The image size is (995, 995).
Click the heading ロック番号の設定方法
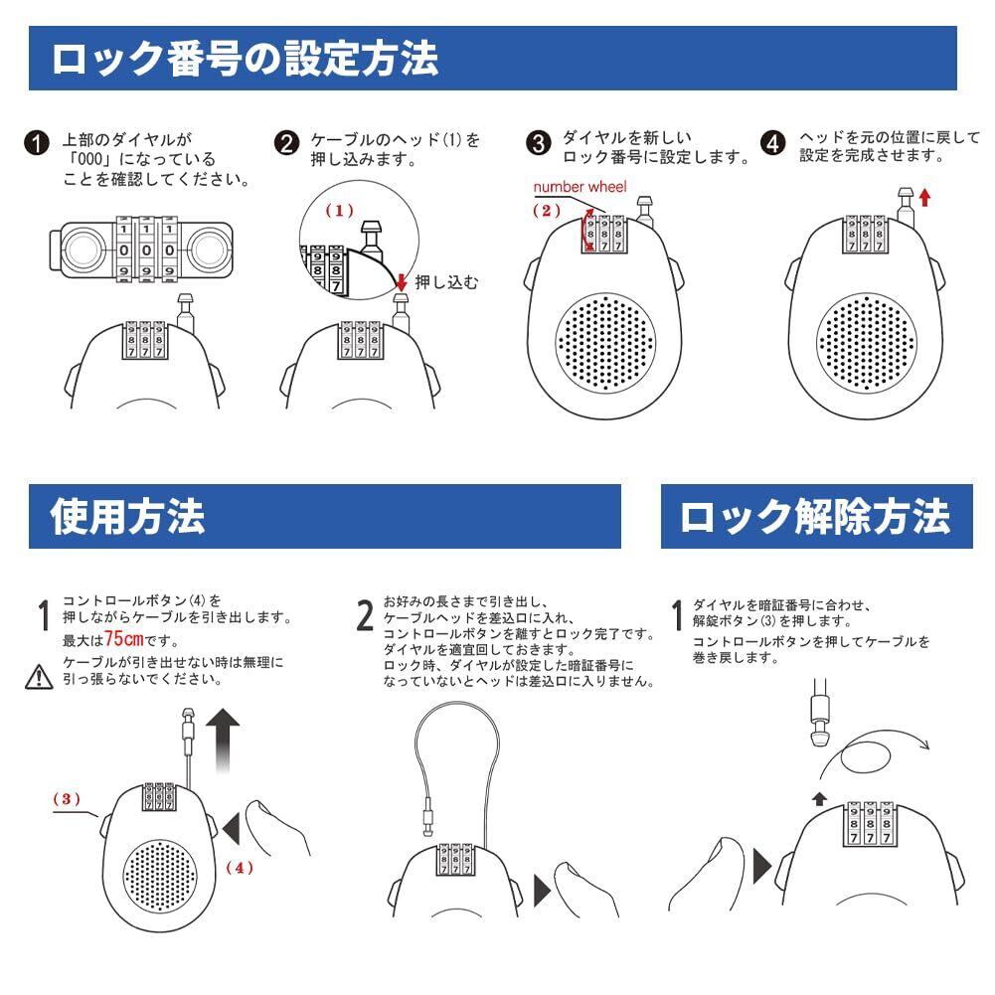[x=245, y=59]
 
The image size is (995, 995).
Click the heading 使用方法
[x=127, y=516]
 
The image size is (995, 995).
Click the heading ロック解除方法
[x=815, y=517]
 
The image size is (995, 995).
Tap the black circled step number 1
[x=37, y=143]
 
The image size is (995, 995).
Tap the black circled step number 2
[x=286, y=143]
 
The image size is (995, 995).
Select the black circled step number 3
[x=538, y=143]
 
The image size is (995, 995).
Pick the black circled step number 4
[x=773, y=143]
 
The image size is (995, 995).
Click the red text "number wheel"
[x=580, y=187]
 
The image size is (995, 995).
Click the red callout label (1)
[x=340, y=210]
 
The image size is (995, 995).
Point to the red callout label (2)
[x=547, y=210]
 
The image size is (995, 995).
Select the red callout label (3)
[x=67, y=798]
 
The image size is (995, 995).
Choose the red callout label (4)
[x=240, y=868]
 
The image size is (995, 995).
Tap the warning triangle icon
[x=39, y=677]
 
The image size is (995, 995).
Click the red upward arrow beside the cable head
[x=924, y=198]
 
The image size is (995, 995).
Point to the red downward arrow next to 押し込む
[x=401, y=282]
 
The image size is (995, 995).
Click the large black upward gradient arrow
[x=223, y=741]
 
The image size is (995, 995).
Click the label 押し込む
[x=446, y=282]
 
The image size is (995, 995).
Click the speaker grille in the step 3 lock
[x=604, y=342]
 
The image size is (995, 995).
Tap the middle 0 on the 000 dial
[x=146, y=250]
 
